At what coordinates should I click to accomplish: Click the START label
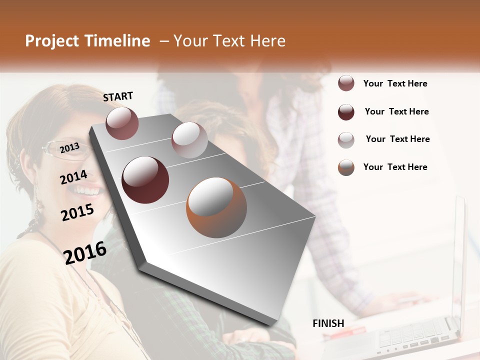[118, 96]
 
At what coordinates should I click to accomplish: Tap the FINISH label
[328, 323]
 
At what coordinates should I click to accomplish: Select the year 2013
[69, 147]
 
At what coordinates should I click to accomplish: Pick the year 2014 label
[73, 177]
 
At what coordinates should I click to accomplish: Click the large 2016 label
[85, 253]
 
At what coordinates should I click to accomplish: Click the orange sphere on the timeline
[216, 207]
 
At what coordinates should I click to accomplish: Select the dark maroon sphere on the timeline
[145, 179]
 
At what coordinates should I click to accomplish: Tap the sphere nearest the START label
[122, 123]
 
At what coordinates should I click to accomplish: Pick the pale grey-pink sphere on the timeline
[189, 139]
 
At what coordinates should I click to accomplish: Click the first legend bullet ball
[346, 83]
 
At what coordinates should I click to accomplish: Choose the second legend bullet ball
[346, 112]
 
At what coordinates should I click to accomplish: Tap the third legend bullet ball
[346, 139]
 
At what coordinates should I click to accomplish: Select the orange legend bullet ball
[346, 167]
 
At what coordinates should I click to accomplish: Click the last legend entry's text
[395, 167]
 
